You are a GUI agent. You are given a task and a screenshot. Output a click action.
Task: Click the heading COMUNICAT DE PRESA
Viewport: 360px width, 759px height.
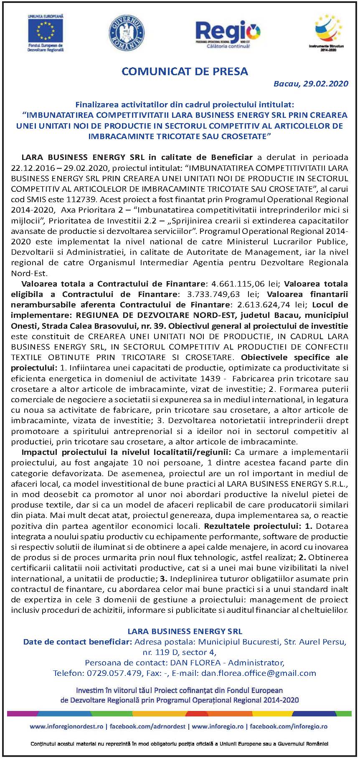point(185,71)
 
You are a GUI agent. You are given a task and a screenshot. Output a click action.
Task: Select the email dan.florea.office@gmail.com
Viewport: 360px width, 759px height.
point(259,673)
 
